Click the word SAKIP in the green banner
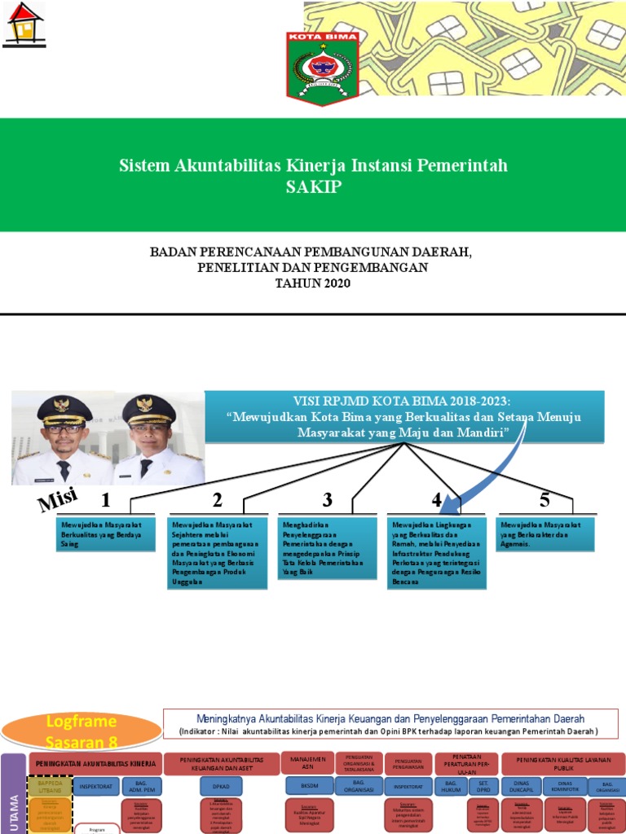point(314,187)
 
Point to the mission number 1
point(105,499)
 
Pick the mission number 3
point(328,499)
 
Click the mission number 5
point(544,499)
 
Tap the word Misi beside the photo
point(58,498)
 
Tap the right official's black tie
point(146,467)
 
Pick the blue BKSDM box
point(309,787)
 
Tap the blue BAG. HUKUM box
point(451,787)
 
